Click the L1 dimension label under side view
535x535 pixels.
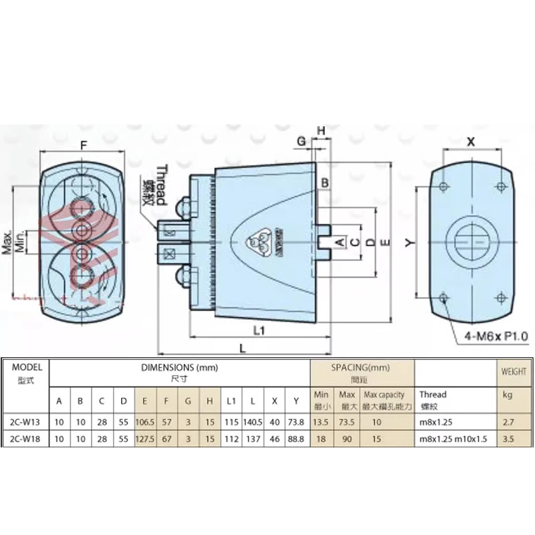(x=261, y=330)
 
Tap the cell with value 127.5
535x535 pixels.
(x=144, y=439)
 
